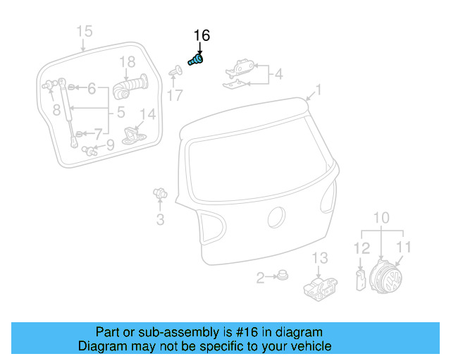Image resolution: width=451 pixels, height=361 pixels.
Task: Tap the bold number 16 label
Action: pyautogui.click(x=202, y=36)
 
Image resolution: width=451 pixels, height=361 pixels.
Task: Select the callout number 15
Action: pyautogui.click(x=84, y=31)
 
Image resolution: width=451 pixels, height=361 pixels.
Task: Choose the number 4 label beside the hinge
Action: pyautogui.click(x=278, y=73)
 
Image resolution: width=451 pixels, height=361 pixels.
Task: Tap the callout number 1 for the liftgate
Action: pyautogui.click(x=318, y=90)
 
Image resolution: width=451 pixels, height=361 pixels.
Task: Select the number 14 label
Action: pyautogui.click(x=147, y=114)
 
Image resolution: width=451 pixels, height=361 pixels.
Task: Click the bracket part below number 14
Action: pyautogui.click(x=134, y=135)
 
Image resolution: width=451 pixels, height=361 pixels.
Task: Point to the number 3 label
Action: pyautogui.click(x=160, y=220)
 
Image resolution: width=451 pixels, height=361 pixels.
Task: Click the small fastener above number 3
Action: pyautogui.click(x=160, y=192)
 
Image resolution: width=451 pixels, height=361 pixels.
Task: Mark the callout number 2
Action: pyautogui.click(x=260, y=278)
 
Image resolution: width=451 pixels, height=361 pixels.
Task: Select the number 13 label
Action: pyautogui.click(x=321, y=257)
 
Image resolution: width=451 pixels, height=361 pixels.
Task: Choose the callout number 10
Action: pyautogui.click(x=381, y=217)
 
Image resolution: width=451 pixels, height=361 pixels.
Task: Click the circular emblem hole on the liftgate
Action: pyautogui.click(x=277, y=218)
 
